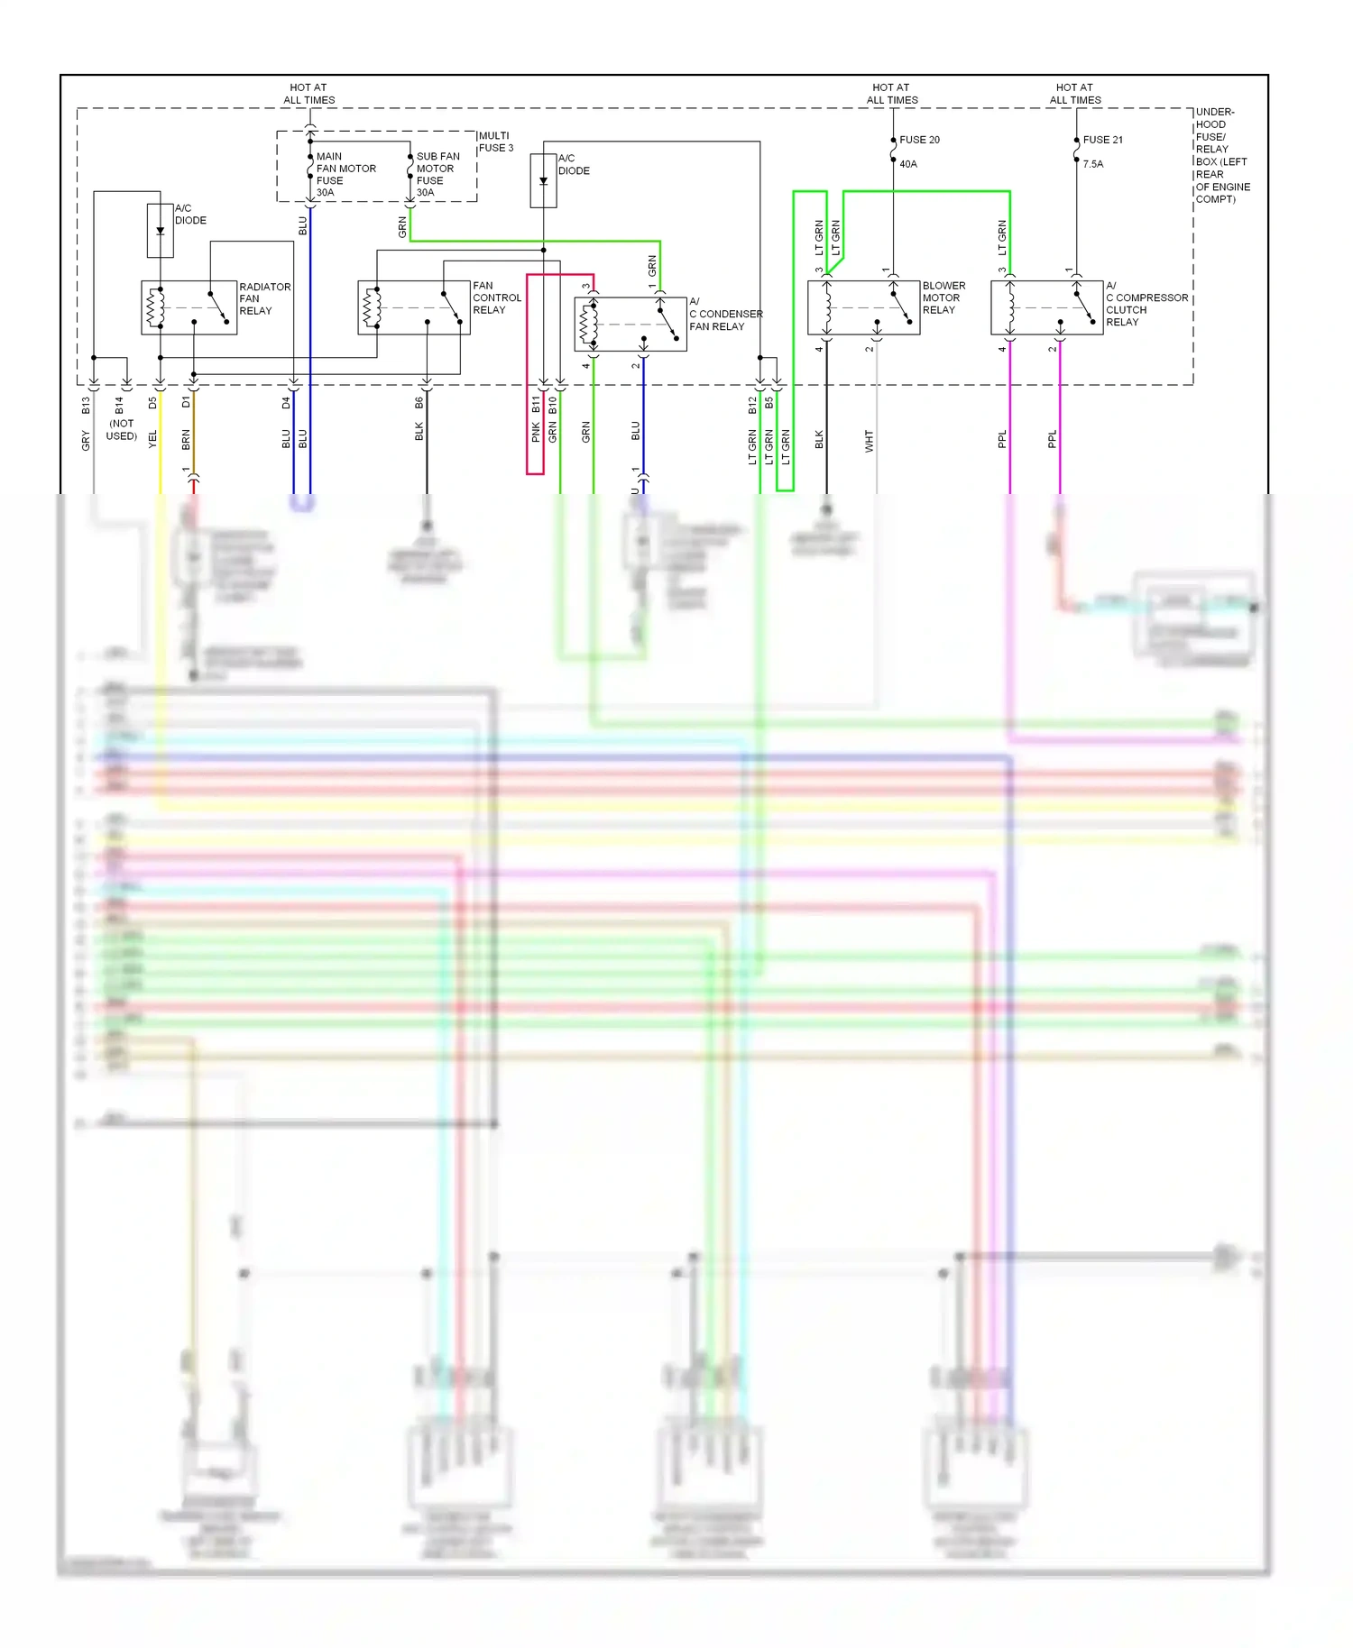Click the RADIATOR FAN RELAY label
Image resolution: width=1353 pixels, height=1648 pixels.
click(264, 298)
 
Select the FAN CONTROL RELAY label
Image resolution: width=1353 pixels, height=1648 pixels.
click(496, 298)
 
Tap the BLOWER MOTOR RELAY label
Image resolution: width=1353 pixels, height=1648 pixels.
click(943, 298)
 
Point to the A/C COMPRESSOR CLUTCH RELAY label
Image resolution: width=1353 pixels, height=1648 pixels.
click(1146, 304)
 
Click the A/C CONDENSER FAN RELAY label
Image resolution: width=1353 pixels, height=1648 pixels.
click(724, 314)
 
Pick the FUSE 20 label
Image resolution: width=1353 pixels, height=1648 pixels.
click(919, 140)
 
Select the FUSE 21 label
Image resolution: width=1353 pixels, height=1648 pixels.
click(1102, 140)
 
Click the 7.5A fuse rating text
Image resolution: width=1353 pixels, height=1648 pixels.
click(1092, 164)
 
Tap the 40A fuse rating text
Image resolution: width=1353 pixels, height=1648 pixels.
click(907, 164)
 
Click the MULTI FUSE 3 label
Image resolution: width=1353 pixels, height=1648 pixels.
click(495, 142)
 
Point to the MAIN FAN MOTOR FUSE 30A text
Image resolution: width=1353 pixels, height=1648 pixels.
click(345, 174)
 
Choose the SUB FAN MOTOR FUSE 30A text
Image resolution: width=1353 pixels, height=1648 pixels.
click(437, 174)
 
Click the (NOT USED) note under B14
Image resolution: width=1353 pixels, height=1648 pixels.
click(122, 430)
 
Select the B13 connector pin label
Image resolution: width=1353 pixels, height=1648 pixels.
click(86, 406)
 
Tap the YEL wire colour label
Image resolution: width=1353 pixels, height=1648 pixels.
click(152, 439)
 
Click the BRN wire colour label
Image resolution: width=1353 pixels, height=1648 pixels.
click(186, 440)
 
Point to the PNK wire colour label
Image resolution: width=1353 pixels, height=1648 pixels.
click(536, 433)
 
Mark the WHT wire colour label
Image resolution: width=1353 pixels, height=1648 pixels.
click(869, 441)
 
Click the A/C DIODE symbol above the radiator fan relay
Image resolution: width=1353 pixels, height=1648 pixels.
click(161, 231)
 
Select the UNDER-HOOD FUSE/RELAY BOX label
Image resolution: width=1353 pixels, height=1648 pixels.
click(1221, 155)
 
